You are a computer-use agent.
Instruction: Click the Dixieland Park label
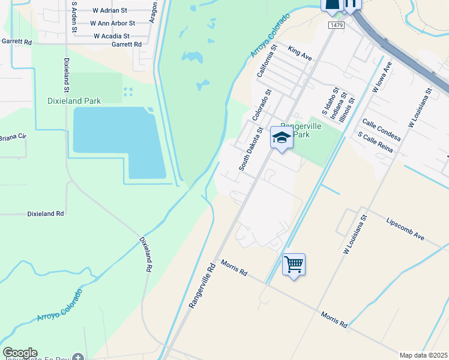point(74,101)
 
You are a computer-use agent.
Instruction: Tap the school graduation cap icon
point(281,138)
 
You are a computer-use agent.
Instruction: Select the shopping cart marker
point(294,263)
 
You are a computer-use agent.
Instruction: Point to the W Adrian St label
point(110,10)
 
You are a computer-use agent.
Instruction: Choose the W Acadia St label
point(110,36)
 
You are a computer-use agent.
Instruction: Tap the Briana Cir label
point(13,137)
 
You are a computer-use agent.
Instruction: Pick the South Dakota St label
point(251,148)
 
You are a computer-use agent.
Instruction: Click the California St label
point(266,61)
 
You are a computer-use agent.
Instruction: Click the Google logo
point(20,353)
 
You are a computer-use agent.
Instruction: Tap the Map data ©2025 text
point(423,355)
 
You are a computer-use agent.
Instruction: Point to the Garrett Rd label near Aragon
point(126,44)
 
